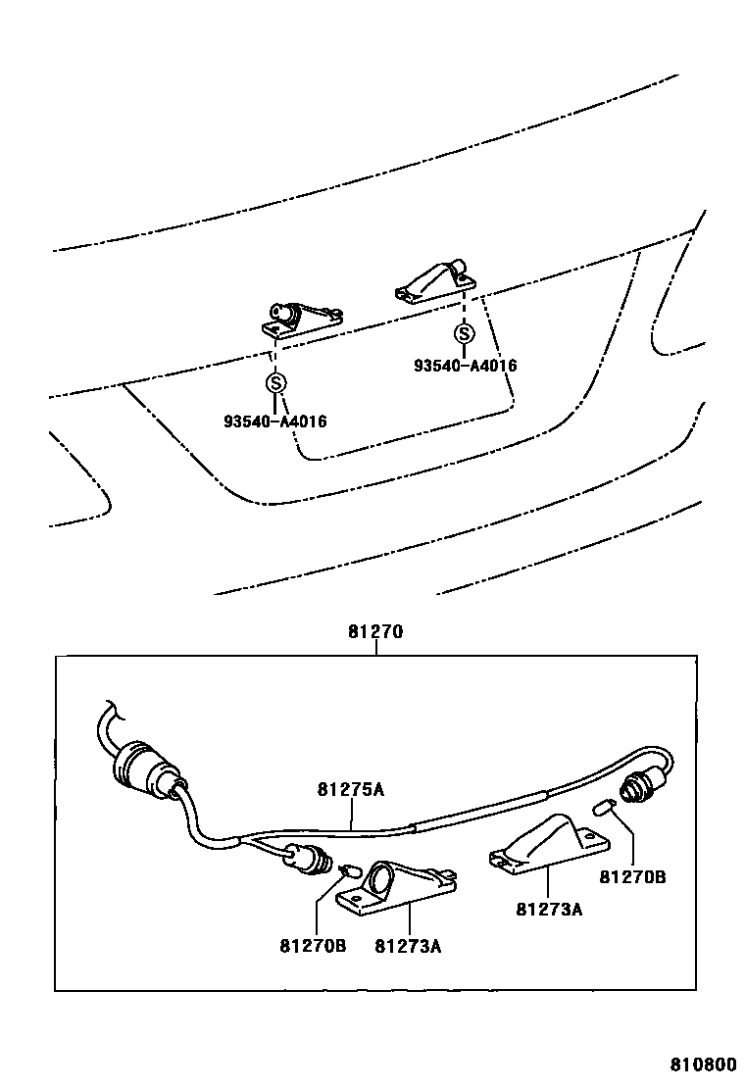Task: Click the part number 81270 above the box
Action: tap(374, 633)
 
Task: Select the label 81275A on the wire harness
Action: tap(350, 788)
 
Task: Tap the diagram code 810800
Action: tap(703, 1065)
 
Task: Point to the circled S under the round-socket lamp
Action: tap(276, 382)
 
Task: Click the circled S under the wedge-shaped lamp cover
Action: tap(464, 333)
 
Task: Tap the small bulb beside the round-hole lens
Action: tap(348, 869)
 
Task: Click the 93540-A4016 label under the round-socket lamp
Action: tap(274, 421)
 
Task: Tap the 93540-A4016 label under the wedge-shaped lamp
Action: tap(465, 366)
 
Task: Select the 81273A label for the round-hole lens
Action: tap(409, 946)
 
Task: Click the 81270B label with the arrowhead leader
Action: tap(313, 946)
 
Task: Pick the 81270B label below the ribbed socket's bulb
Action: tap(632, 877)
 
